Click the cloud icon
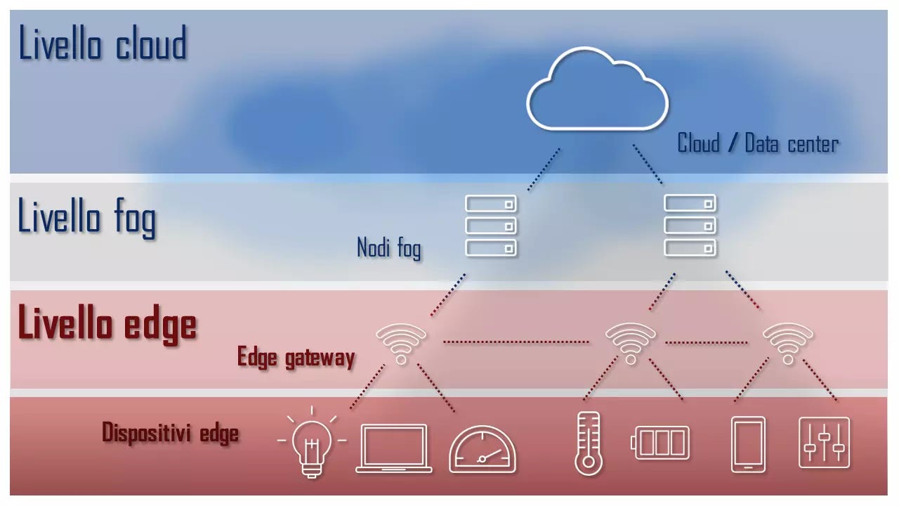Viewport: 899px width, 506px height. coord(597,91)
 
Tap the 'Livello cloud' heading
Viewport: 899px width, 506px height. coord(103,44)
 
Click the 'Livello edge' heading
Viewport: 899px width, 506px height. coord(107,324)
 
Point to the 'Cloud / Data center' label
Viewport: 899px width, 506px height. coord(758,144)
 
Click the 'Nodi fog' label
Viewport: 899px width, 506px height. coord(389,247)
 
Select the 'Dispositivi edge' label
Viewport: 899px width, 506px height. coord(171,432)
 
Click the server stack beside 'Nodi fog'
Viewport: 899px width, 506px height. coord(491,226)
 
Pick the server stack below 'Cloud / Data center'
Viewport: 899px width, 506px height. coord(690,226)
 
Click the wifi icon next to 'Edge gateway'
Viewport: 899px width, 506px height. coord(401,343)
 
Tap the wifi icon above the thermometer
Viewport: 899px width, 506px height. coord(630,343)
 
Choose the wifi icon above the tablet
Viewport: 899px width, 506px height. coord(787,343)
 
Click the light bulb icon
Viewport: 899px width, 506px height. coord(312,444)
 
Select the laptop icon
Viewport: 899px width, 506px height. coord(394,448)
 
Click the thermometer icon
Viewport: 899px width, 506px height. coord(588,443)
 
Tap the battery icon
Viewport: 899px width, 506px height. coord(662,443)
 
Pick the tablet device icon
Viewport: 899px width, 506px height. coord(748,444)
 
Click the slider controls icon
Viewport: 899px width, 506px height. coord(824,443)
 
